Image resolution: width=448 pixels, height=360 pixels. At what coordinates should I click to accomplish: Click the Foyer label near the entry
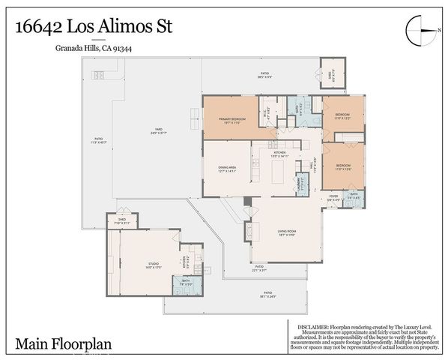[333, 199]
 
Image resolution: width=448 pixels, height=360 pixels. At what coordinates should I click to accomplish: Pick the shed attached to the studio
[122, 222]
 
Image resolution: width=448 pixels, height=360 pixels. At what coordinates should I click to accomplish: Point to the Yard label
[159, 132]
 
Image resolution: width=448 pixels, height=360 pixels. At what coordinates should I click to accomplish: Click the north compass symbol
[419, 31]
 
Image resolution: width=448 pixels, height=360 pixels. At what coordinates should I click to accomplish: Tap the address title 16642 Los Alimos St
[94, 27]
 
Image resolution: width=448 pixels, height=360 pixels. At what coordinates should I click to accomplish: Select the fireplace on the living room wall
[246, 232]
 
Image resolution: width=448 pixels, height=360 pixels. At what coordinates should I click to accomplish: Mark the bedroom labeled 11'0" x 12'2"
[343, 118]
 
